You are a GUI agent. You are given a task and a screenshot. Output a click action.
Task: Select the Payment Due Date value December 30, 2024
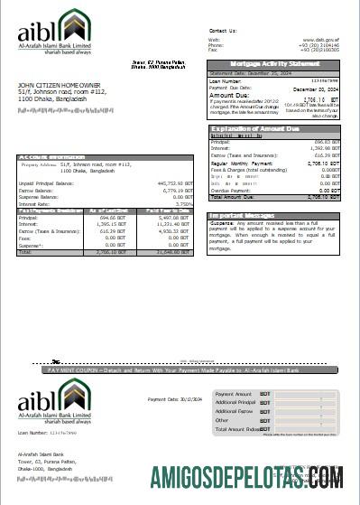coord(317,88)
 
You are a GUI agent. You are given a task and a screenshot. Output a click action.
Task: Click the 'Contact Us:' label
coord(222,31)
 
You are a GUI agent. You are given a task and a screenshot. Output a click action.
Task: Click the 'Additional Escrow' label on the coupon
coord(234,411)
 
